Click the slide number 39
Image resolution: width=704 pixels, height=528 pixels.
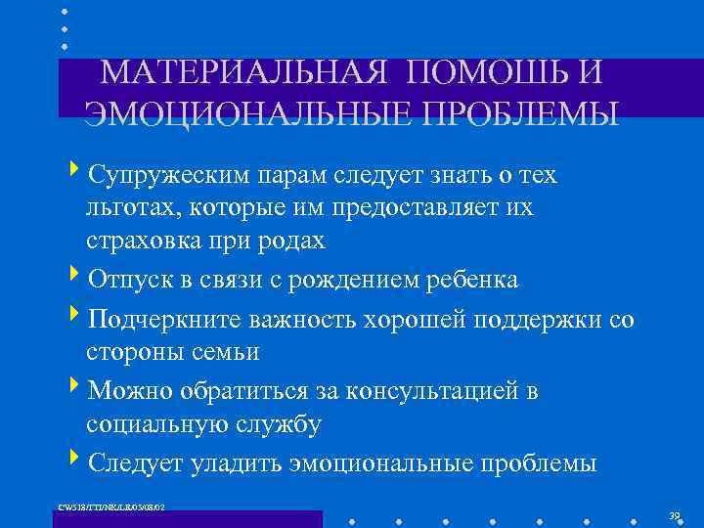[x=674, y=514]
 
